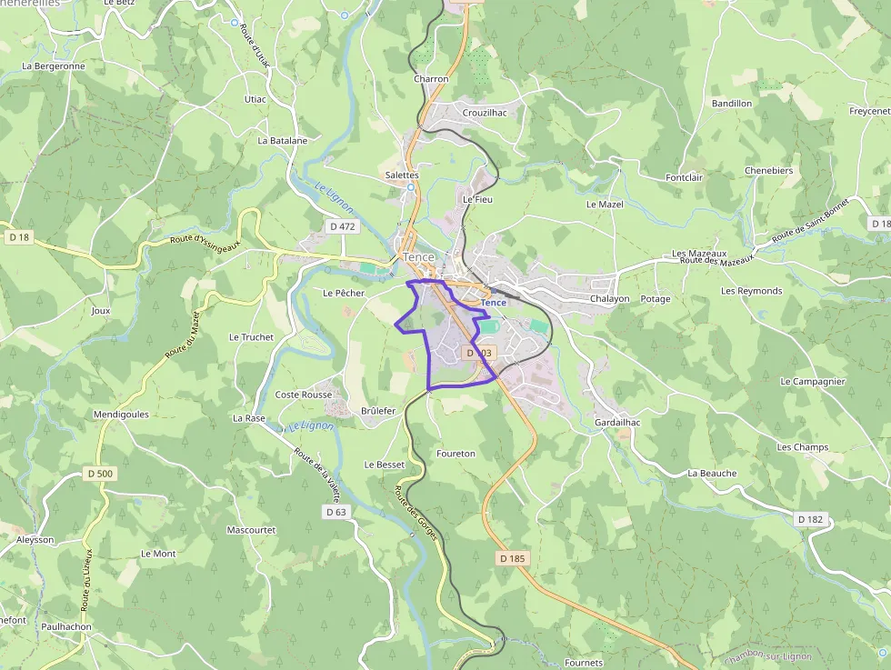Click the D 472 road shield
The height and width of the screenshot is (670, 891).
coord(343,226)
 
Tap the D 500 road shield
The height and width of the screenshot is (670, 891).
coord(100,474)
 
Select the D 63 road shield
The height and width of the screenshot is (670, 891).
coord(335,512)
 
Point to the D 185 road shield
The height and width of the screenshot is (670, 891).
coord(513,557)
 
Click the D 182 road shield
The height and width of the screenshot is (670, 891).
coord(810,519)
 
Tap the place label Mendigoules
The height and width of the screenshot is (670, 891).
coord(121,415)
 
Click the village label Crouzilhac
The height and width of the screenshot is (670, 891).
coord(485,113)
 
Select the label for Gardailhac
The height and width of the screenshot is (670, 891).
coord(617,423)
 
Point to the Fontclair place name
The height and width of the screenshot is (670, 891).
coord(685,177)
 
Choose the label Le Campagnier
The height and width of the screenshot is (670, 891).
coord(813,382)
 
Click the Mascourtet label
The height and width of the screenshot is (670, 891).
coord(251,530)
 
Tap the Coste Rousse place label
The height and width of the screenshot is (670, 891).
coord(304,395)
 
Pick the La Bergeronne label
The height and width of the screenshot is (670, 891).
coord(54,66)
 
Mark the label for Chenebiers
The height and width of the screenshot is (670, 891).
coord(768,171)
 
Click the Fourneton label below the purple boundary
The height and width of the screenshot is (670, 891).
coord(456,454)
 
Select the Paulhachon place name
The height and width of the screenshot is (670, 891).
coord(66,627)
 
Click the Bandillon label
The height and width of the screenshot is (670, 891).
coord(732,104)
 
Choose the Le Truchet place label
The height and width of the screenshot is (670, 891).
coord(251,337)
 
